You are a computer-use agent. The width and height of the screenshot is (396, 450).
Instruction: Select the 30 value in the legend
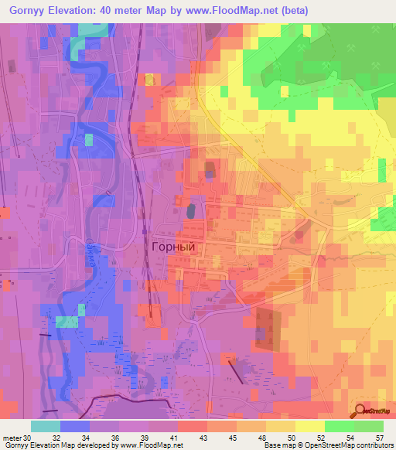coord(27,437)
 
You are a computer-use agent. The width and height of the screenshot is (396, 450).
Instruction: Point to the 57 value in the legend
coord(379,437)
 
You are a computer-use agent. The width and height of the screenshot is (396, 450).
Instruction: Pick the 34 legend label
coord(84,437)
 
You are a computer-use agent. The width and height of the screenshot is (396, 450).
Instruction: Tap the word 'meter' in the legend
coord(11,437)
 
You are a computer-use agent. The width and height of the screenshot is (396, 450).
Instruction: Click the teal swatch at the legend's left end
coord(46,426)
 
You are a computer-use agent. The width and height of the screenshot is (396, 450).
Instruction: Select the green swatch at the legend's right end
coord(369,426)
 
